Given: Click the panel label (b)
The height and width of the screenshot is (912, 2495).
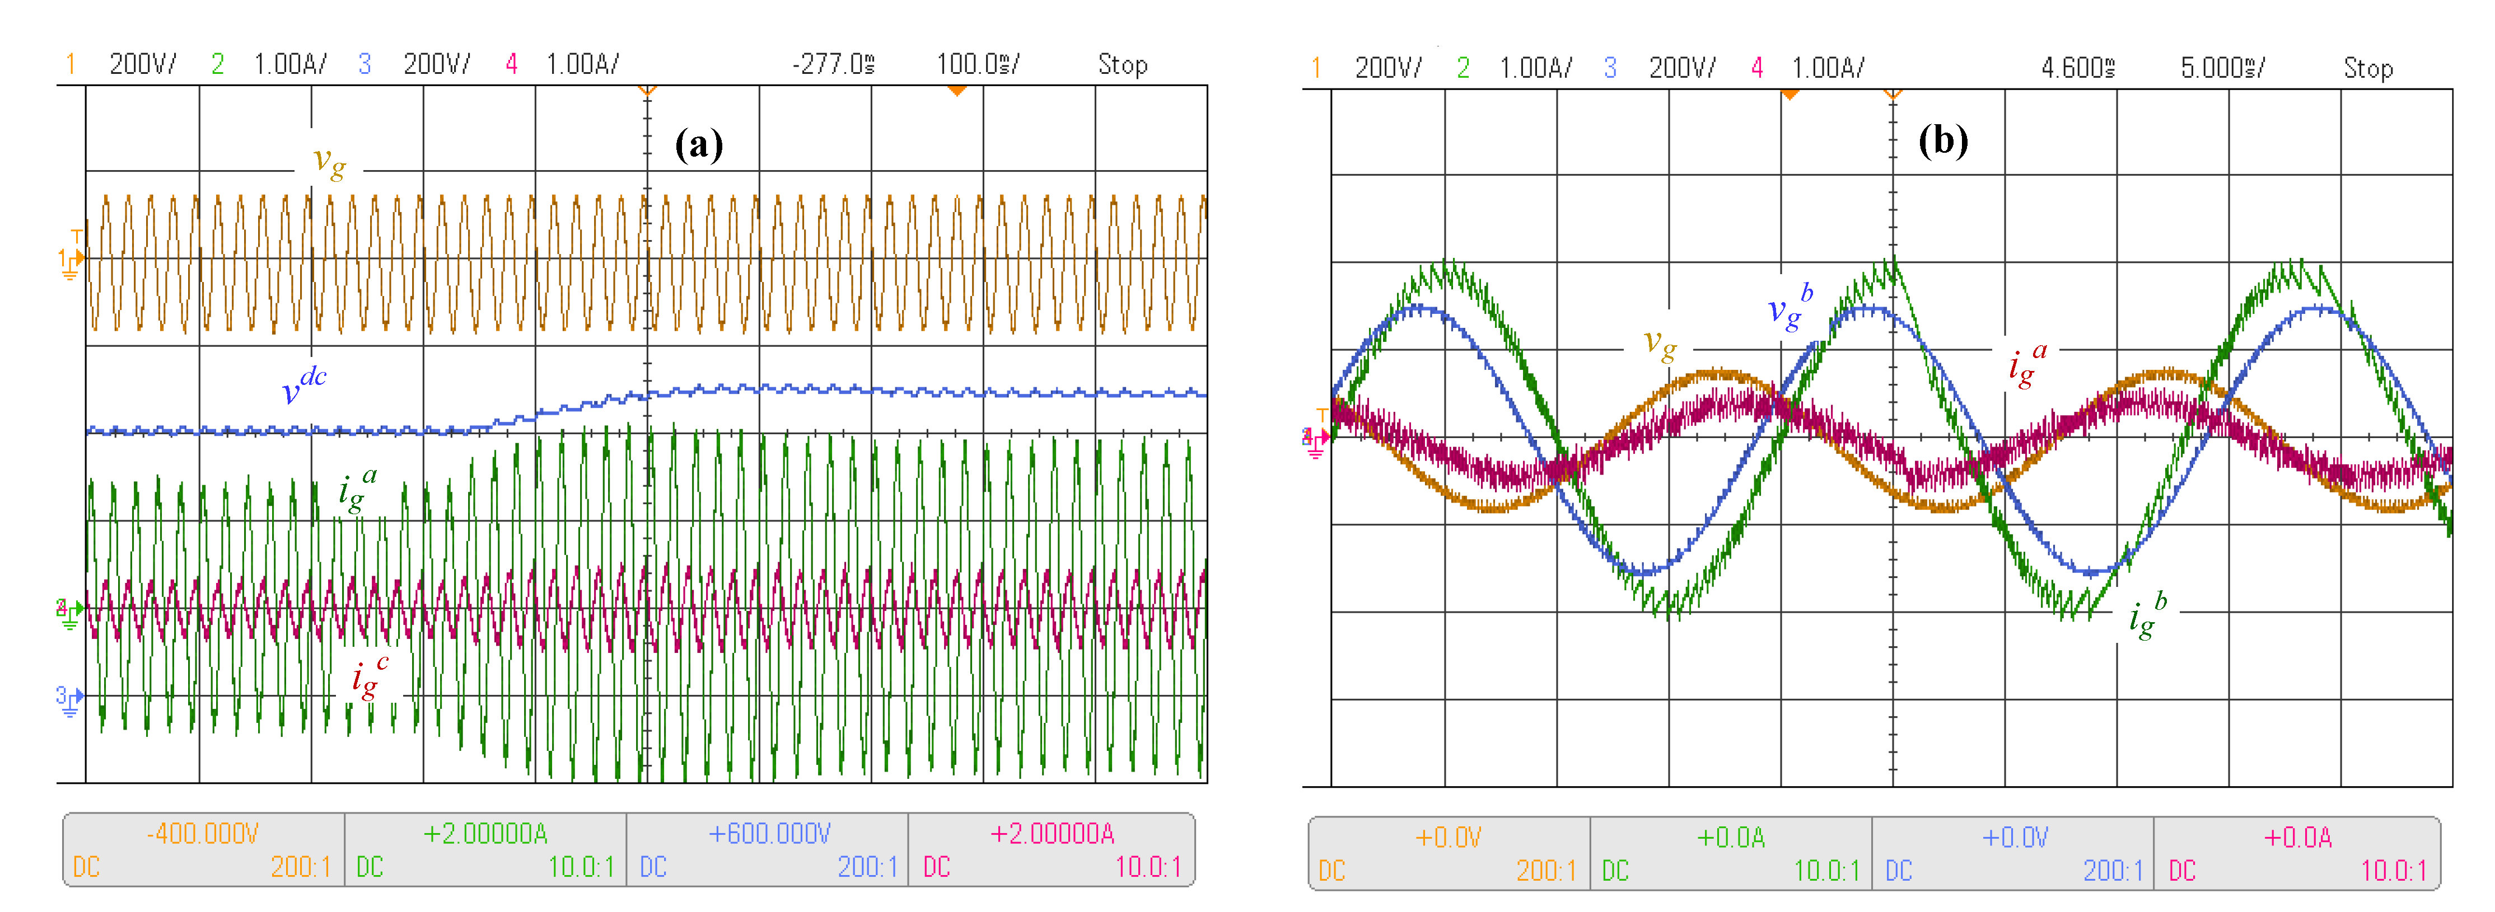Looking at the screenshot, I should coord(1943,142).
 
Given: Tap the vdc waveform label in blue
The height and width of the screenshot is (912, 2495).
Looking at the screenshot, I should coord(303,386).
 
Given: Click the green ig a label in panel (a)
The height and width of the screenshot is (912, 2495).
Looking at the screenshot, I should coord(357,489).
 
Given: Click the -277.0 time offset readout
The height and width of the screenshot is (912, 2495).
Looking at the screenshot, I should coord(833,65).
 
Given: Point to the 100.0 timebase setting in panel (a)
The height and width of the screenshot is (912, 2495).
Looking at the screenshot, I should coord(976,65).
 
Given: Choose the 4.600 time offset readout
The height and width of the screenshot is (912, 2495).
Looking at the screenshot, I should coord(2077,68).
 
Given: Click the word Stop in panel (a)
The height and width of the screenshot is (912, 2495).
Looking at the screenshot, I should coord(1123,65).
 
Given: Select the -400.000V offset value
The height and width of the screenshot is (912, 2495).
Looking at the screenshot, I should coord(203,834).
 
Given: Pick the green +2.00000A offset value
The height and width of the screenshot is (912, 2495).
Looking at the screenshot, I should coord(485,834).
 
